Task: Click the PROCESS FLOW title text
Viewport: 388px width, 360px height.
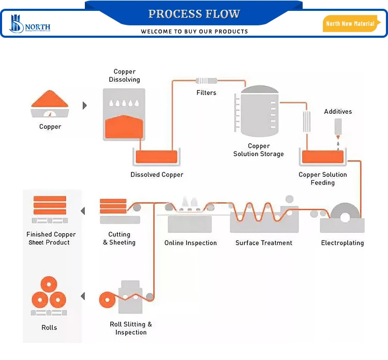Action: (x=194, y=13)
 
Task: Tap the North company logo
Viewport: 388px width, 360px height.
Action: (x=30, y=24)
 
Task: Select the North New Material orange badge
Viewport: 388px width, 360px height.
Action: (x=351, y=24)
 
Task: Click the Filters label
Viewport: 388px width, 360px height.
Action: (x=206, y=93)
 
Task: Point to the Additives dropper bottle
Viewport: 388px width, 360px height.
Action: (x=338, y=126)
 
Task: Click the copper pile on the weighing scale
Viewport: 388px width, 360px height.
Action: (x=50, y=99)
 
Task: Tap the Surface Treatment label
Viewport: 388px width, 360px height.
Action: (x=264, y=243)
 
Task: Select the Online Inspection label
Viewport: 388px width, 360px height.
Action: (x=190, y=243)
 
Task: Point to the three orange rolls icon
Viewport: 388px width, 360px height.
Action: (x=50, y=293)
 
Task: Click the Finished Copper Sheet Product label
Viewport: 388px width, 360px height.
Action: (x=51, y=238)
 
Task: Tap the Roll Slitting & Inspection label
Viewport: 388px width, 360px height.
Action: (x=131, y=328)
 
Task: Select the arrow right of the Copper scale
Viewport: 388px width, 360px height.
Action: (x=85, y=106)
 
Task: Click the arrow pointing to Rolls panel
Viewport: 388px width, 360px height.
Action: (x=83, y=296)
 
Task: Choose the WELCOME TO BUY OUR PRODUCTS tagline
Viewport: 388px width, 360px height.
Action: (x=194, y=32)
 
